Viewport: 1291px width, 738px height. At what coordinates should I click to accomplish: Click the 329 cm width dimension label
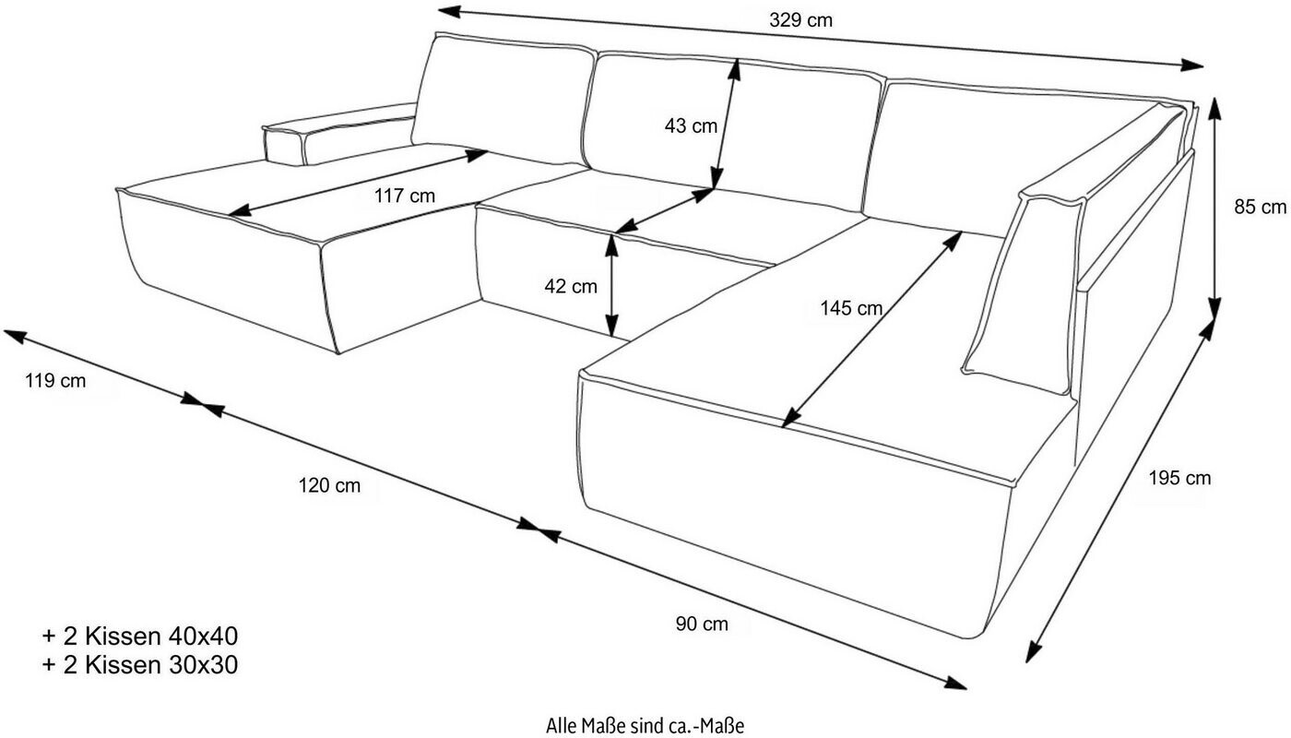(x=800, y=19)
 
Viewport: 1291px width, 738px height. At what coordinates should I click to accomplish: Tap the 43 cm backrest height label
(x=691, y=125)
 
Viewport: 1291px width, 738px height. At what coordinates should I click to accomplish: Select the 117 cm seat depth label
(x=405, y=196)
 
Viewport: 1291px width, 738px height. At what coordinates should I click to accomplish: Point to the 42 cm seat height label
(x=571, y=286)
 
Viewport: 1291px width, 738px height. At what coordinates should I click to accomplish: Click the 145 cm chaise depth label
(x=851, y=308)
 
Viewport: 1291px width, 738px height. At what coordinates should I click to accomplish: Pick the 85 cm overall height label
(x=1260, y=207)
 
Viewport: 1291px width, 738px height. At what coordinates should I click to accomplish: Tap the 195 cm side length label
(x=1179, y=478)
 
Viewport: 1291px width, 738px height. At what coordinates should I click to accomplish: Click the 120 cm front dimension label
(x=329, y=485)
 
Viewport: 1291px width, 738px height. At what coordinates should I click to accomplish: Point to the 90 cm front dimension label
(x=702, y=625)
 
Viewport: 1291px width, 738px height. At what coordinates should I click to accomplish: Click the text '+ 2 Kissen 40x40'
(x=139, y=636)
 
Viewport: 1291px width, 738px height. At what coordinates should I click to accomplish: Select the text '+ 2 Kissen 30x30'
(x=139, y=664)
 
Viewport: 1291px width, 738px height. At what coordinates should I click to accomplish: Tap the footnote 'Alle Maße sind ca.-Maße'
(x=645, y=725)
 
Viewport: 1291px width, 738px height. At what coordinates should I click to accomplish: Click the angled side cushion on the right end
(x=1019, y=286)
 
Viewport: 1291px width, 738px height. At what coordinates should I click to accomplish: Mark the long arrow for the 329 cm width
(x=821, y=38)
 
